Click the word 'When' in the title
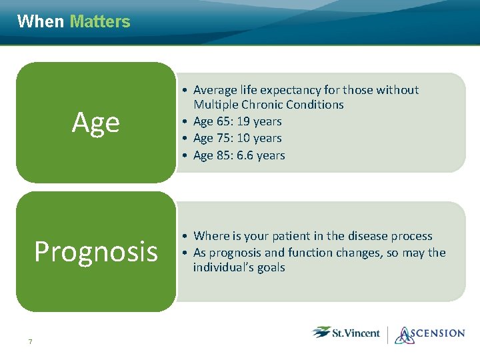(x=40, y=21)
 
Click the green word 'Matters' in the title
(x=100, y=21)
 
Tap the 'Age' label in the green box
(x=96, y=123)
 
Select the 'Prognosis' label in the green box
(x=96, y=252)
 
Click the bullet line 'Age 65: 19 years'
(x=237, y=121)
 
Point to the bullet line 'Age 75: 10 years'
(x=237, y=138)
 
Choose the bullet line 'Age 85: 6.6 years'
(x=239, y=155)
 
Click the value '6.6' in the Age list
(x=245, y=155)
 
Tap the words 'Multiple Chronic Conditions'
(x=269, y=105)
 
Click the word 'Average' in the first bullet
(x=215, y=90)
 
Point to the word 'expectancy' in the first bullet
(x=292, y=90)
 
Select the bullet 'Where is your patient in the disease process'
(x=313, y=236)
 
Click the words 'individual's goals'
(x=239, y=267)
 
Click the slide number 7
(x=30, y=342)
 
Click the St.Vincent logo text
(x=356, y=333)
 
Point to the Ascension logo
(x=430, y=334)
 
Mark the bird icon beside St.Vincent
(x=321, y=332)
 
